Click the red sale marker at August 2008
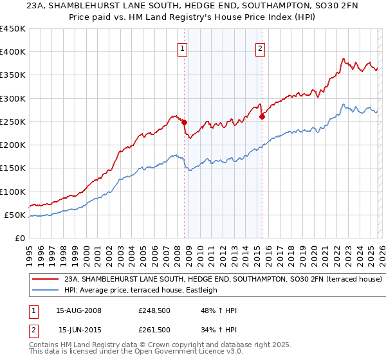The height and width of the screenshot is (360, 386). [184, 122]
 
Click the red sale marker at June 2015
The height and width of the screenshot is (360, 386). [262, 116]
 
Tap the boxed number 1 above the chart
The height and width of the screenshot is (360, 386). [183, 48]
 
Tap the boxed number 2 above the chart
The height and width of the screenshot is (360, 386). [261, 48]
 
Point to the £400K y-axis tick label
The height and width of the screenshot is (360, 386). [12, 52]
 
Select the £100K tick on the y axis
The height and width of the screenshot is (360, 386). [12, 192]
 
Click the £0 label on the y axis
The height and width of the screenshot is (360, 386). [19, 238]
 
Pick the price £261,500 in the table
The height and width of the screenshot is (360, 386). [154, 330]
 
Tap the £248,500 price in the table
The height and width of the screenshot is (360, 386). [154, 310]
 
